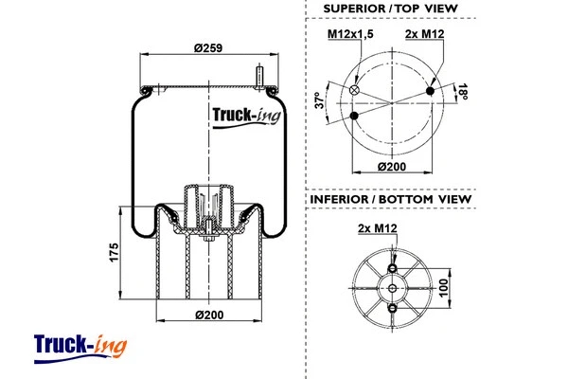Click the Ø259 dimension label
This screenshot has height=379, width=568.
pyautogui.click(x=206, y=49)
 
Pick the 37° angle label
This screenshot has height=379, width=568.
pyautogui.click(x=322, y=100)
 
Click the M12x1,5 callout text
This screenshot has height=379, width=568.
pyautogui.click(x=351, y=35)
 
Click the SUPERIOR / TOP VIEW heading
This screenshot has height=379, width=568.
pyautogui.click(x=390, y=9)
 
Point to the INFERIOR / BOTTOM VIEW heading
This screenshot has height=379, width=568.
pyautogui.click(x=391, y=199)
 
